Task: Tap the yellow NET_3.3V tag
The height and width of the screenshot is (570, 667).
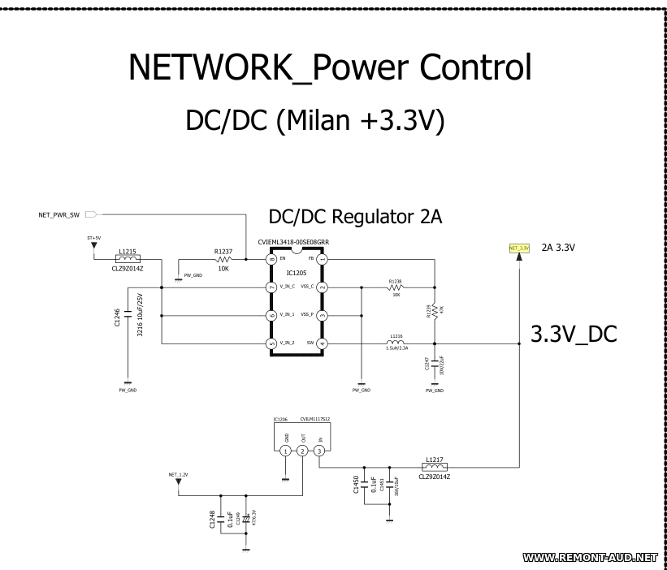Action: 519,247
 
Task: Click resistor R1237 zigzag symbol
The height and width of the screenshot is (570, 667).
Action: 224,259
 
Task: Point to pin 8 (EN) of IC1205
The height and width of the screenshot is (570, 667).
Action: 272,259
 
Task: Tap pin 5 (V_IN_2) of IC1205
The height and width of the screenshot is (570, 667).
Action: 272,343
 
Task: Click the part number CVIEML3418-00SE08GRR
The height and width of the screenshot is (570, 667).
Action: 292,242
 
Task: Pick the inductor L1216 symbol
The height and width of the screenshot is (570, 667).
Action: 396,343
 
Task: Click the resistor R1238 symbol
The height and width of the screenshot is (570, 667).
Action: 396,287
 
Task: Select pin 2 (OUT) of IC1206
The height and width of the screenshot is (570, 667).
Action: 302,451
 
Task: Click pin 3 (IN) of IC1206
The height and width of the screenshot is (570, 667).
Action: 320,451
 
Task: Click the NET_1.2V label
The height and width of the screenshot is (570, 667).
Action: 179,474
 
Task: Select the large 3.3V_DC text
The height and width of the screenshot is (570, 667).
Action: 574,335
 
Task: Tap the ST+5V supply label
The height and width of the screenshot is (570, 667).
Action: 93,239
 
